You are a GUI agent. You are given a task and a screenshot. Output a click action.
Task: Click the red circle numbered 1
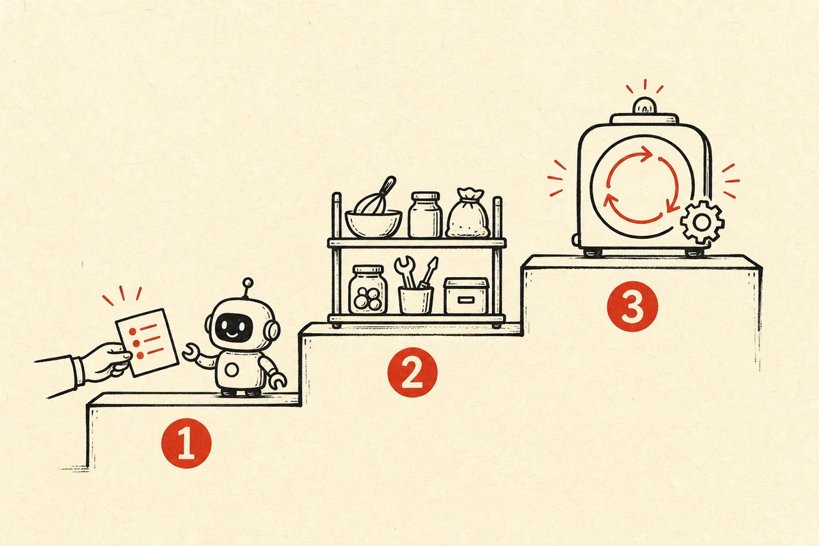(x=186, y=443)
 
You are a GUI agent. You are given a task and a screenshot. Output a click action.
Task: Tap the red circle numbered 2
(x=412, y=372)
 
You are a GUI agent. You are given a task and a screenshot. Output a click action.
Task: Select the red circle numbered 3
(x=633, y=306)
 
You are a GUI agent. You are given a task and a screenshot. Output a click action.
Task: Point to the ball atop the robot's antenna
(x=248, y=283)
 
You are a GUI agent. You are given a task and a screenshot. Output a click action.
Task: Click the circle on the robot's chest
(x=232, y=370)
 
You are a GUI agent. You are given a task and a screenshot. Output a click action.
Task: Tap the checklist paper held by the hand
(x=147, y=343)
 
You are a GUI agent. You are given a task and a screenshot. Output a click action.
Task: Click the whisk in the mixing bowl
(x=377, y=196)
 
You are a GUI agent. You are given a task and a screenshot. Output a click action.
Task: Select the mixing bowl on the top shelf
(x=373, y=223)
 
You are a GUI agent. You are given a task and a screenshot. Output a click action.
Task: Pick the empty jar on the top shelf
(x=425, y=215)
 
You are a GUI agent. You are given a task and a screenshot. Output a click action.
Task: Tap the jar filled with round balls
(x=368, y=290)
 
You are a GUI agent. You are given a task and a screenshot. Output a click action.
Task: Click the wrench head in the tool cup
(x=404, y=265)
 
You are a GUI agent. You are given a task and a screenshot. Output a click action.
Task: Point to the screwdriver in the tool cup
(x=428, y=272)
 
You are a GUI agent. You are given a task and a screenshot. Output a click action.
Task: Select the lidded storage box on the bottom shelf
(x=466, y=296)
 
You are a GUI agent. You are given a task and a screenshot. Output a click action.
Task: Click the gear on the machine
(x=702, y=222)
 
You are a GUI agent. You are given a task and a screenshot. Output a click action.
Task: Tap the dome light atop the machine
(x=644, y=105)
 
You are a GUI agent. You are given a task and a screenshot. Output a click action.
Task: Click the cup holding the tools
(x=416, y=300)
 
